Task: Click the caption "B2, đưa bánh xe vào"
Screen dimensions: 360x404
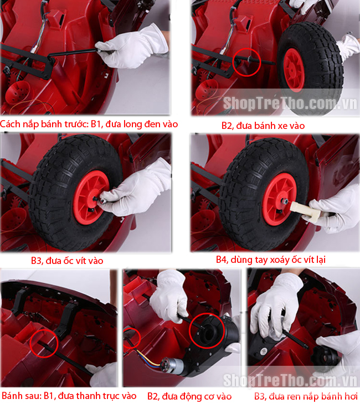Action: click(x=263, y=126)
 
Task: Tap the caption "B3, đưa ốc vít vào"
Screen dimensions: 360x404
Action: click(x=67, y=261)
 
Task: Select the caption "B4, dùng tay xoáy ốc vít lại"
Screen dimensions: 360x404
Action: click(x=271, y=260)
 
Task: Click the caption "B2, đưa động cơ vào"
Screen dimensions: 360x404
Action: click(x=189, y=396)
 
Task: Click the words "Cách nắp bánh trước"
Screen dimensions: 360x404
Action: click(x=44, y=124)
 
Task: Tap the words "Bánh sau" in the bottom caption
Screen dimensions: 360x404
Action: click(x=20, y=396)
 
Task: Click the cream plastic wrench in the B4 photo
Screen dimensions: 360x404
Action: click(x=306, y=212)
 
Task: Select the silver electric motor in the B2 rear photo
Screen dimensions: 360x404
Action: click(x=172, y=365)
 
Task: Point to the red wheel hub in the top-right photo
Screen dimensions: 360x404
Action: click(x=294, y=70)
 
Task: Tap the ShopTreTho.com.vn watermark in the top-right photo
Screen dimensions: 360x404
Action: click(x=290, y=103)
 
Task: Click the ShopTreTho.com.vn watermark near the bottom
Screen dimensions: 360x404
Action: click(x=290, y=380)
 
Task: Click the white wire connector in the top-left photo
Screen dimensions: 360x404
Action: click(x=34, y=49)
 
